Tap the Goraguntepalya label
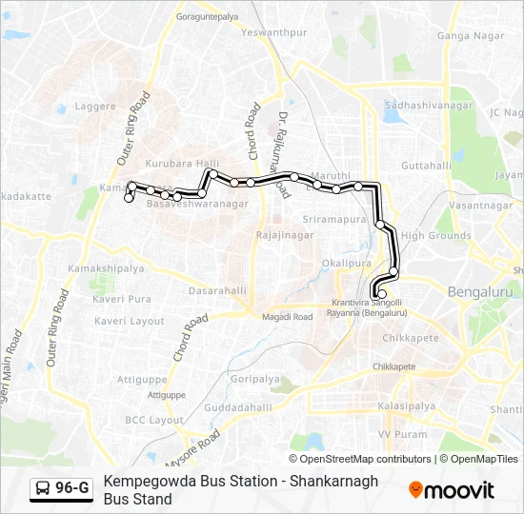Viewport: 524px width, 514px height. pyautogui.click(x=207, y=17)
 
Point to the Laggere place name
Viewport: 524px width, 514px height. pyautogui.click(x=96, y=107)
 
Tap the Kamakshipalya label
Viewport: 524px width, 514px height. pyautogui.click(x=107, y=269)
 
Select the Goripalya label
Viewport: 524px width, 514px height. pyautogui.click(x=254, y=378)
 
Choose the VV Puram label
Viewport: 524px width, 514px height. pyautogui.click(x=402, y=434)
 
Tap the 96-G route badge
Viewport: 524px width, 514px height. pyautogui.click(x=62, y=489)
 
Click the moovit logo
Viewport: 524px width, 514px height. pyautogui.click(x=451, y=490)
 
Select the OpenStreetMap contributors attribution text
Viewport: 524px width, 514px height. pyautogui.click(x=359, y=459)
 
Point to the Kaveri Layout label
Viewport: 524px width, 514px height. pyautogui.click(x=130, y=322)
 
